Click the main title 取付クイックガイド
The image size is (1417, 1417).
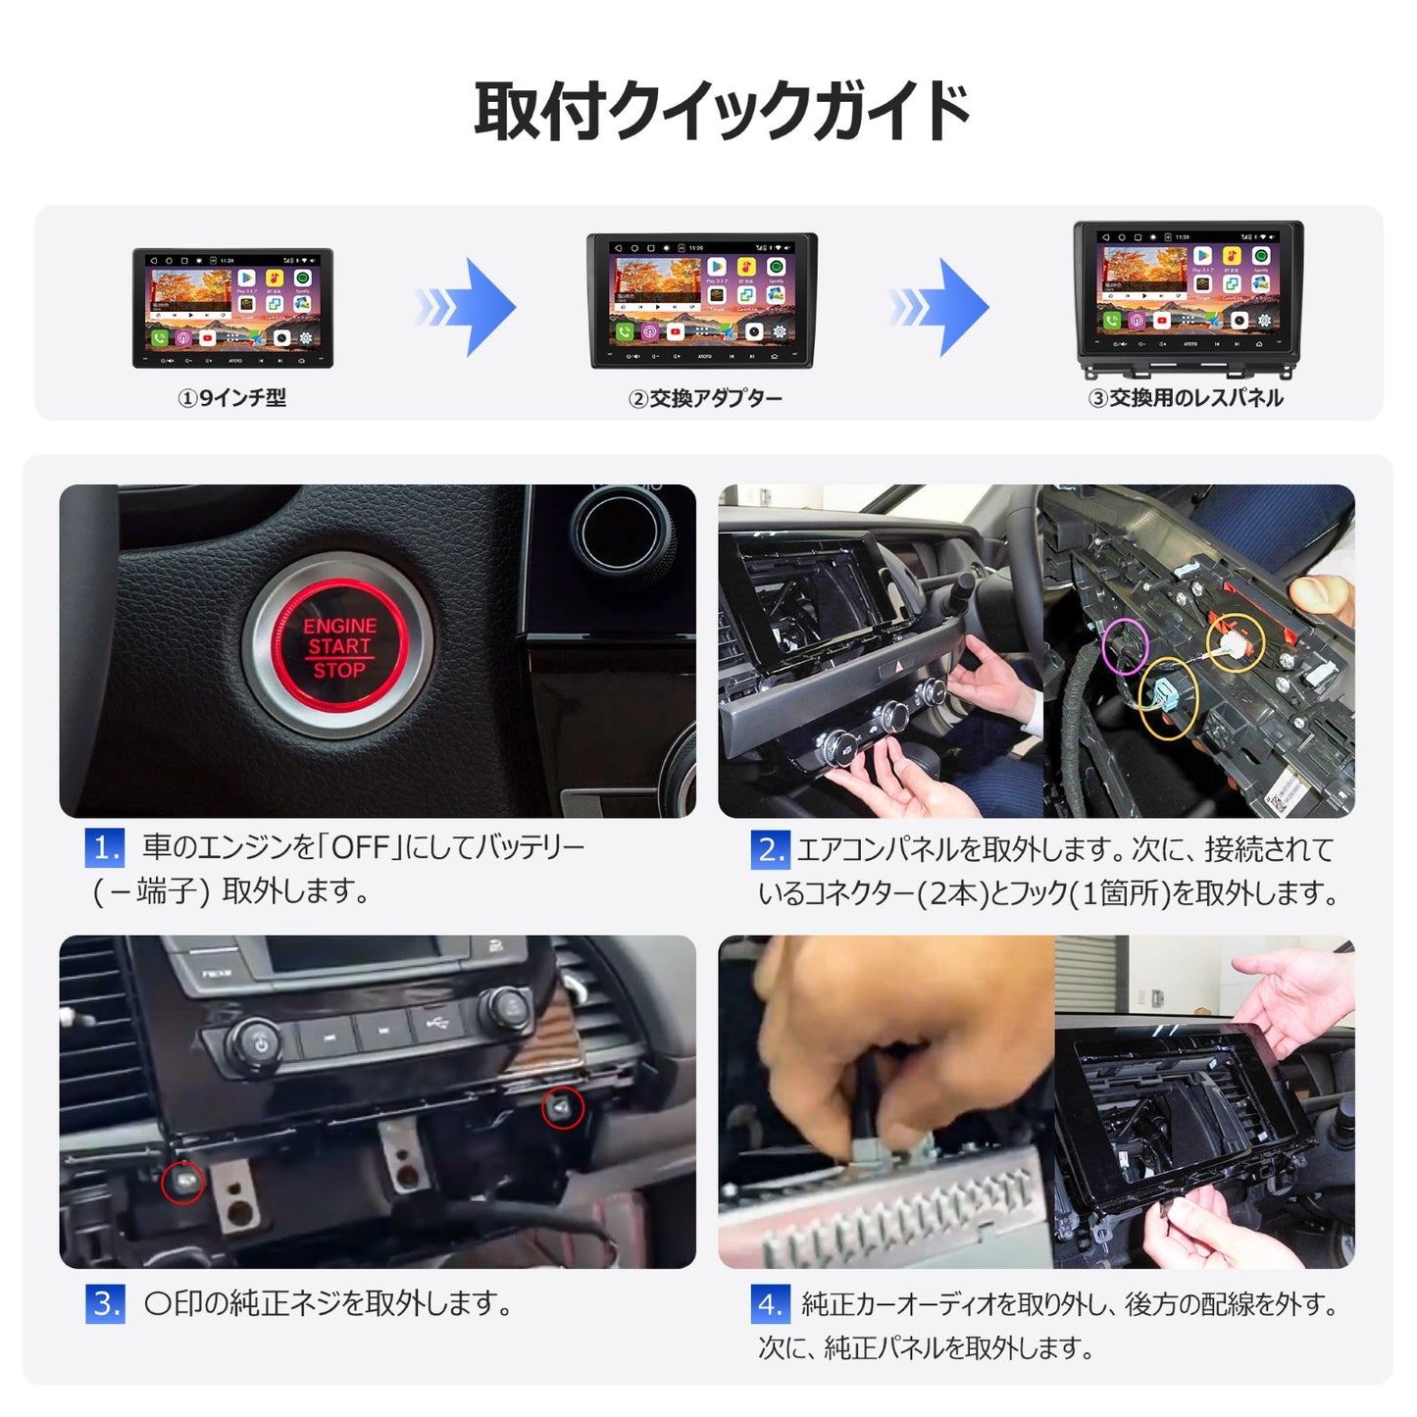click(722, 111)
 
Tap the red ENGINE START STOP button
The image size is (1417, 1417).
click(339, 647)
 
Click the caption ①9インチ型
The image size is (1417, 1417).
click(231, 398)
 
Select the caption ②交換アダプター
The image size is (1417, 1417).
click(705, 398)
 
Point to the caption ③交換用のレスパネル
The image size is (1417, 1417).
click(1186, 398)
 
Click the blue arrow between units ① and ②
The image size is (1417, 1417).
click(468, 307)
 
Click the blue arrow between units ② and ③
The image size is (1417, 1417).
click(941, 307)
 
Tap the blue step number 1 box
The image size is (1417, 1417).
click(105, 847)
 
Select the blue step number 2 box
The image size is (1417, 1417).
click(770, 849)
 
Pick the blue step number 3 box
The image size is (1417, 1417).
click(105, 1304)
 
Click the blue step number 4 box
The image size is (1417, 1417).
click(770, 1304)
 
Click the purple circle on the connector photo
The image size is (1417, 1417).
click(1125, 645)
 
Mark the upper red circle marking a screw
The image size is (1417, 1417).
click(563, 1107)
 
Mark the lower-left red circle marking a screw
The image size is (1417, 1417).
click(182, 1182)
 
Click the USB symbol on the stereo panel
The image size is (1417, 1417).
click(437, 1023)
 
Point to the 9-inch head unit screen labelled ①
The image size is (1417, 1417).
click(232, 307)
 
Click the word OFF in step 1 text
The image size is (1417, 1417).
click(361, 847)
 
